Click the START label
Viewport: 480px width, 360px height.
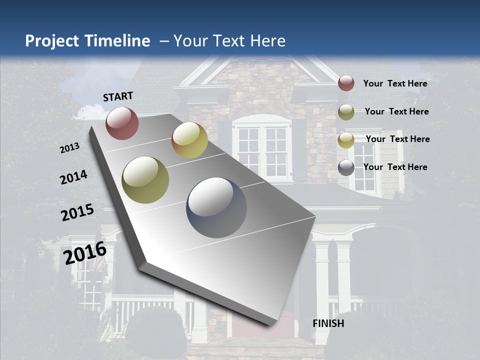click(x=118, y=96)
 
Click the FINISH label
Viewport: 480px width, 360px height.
click(x=328, y=323)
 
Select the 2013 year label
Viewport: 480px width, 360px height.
click(x=69, y=148)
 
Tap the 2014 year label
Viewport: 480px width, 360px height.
click(x=73, y=177)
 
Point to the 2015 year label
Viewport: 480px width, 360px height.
click(x=77, y=212)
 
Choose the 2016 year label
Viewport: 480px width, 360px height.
click(x=85, y=253)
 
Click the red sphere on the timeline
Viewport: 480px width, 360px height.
click(x=122, y=123)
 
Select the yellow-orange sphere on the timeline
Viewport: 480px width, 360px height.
click(x=189, y=140)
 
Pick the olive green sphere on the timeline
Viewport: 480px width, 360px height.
click(x=145, y=180)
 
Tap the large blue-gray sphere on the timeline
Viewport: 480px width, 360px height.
click(x=216, y=207)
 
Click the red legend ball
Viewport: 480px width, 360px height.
click(x=346, y=83)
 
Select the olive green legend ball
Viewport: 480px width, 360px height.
click(x=346, y=111)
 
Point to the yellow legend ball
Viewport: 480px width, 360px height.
click(x=346, y=139)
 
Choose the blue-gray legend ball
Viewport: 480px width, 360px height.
click(x=346, y=167)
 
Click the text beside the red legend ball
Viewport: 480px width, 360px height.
click(x=395, y=83)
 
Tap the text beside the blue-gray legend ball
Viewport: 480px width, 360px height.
click(x=395, y=167)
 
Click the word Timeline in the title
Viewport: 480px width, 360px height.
click(x=117, y=41)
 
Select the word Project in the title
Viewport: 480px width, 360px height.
click(x=51, y=41)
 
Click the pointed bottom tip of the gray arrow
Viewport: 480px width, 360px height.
click(x=270, y=325)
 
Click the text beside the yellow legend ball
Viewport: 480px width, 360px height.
click(x=397, y=139)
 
